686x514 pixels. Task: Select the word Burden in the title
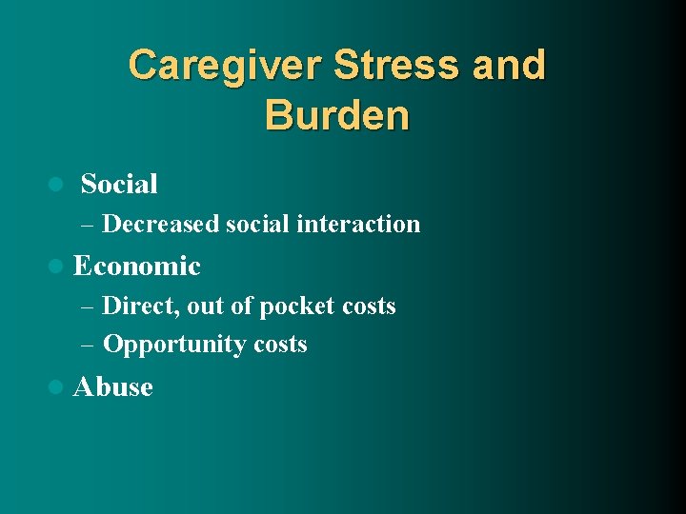click(337, 115)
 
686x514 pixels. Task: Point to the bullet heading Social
click(119, 184)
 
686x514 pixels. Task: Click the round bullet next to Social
click(55, 184)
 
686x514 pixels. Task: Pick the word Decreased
click(160, 224)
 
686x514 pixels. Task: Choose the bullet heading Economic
click(136, 266)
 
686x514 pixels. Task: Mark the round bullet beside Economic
click(55, 266)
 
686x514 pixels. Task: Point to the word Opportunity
click(162, 345)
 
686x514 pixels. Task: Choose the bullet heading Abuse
click(112, 387)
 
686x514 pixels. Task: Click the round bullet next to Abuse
click(55, 387)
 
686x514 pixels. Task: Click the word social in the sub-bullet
click(257, 224)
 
